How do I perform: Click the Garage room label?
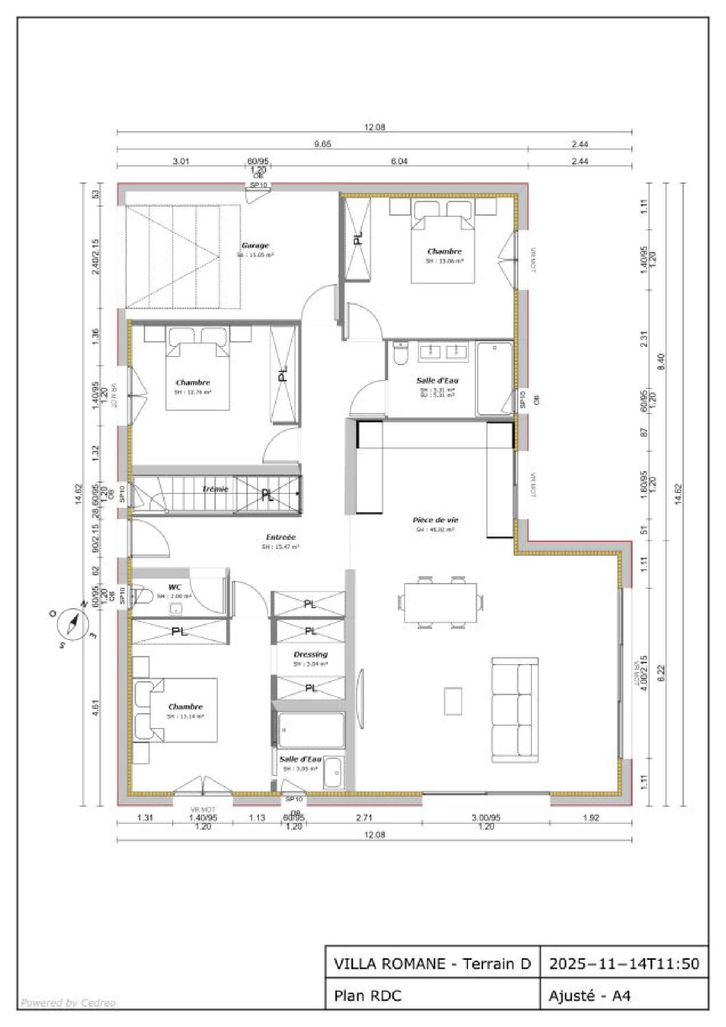[255, 246]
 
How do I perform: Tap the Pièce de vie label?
[435, 520]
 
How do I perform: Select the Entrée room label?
[281, 537]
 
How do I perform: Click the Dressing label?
[311, 655]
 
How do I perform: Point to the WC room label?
[175, 587]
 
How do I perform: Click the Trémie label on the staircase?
[215, 489]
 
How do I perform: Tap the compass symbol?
[73, 625]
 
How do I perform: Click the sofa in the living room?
[515, 710]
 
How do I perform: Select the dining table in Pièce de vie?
[440, 603]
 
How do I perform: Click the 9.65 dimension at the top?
[323, 144]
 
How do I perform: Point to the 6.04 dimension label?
[399, 161]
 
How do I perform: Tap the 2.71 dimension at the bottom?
[364, 818]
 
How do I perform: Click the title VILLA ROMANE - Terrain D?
[432, 964]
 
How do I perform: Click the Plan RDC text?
[368, 996]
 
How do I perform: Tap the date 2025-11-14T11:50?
[624, 964]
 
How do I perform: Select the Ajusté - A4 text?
[590, 996]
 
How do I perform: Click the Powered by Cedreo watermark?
[68, 1003]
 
